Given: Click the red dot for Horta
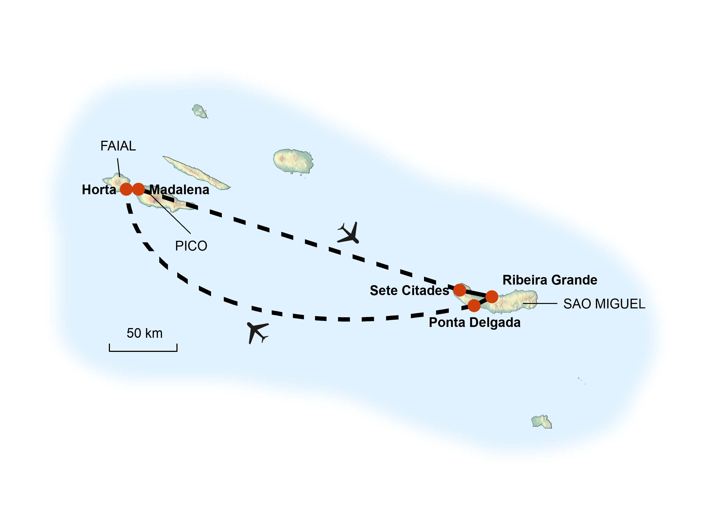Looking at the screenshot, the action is point(126,189).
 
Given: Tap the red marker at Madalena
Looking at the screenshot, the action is point(138,189).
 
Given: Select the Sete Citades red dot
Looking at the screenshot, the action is point(460,290).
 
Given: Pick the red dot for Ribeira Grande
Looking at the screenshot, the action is point(492,297).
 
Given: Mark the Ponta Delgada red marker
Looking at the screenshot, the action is point(474,305).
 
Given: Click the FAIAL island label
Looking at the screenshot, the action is point(118,146).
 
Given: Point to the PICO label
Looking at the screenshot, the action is point(191,246).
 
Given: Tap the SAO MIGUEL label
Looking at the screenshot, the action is point(604,304).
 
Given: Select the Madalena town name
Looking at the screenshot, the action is point(179,190).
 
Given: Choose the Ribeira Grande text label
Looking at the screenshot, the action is point(550,280).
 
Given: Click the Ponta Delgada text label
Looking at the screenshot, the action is point(475,323).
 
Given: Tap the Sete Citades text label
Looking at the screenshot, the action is point(409,291).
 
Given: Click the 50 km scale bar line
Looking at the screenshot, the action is point(143,351).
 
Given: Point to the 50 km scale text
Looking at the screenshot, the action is point(145,333).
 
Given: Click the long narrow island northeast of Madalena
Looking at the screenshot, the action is point(196,173).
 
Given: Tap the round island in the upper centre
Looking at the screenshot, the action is point(293,161).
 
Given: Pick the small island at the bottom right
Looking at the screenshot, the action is point(541,422).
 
